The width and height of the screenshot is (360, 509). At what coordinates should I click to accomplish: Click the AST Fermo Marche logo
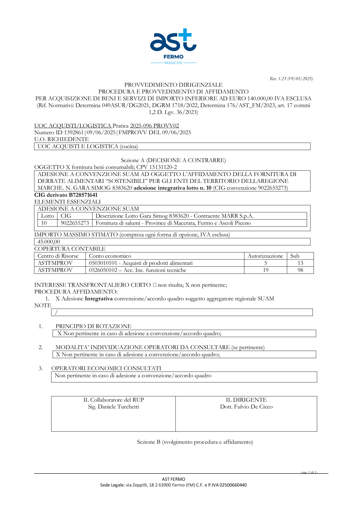tap(173, 46)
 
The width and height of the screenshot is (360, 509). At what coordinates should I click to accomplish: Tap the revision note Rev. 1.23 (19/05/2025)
tap(291, 78)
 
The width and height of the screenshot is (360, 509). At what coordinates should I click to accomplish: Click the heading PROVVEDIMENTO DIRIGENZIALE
tap(173, 85)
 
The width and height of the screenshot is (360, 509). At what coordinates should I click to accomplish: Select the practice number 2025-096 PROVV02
tap(154, 126)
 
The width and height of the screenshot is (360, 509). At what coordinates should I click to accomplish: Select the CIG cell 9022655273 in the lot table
tap(75, 223)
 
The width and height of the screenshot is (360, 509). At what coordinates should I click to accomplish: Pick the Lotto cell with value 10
tap(44, 223)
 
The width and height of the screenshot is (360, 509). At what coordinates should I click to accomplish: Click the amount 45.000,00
tap(49, 242)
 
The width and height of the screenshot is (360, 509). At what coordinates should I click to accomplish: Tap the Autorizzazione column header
tap(265, 256)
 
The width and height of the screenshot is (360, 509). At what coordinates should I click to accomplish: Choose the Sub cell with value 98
tap(300, 270)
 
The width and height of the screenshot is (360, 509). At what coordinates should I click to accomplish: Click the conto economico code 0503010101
tap(103, 263)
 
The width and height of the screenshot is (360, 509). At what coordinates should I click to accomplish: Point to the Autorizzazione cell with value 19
tap(266, 270)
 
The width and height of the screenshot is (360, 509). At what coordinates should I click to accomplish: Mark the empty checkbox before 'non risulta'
tap(154, 285)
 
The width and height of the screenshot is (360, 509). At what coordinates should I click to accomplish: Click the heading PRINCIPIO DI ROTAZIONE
tap(94, 326)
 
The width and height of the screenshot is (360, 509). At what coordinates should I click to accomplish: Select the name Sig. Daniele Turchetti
tap(113, 407)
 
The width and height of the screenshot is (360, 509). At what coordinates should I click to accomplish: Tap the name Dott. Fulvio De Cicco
tap(246, 407)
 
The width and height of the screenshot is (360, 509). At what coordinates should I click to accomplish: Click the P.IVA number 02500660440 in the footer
tap(233, 485)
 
